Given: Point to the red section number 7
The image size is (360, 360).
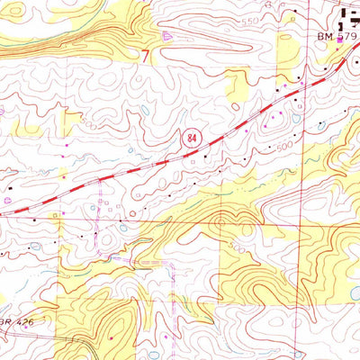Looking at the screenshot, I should (145, 55).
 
